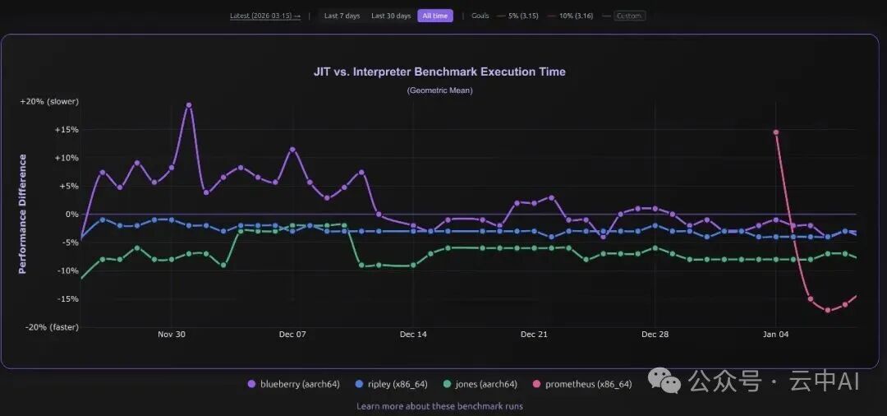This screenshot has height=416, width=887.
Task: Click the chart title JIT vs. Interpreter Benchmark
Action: coord(439,72)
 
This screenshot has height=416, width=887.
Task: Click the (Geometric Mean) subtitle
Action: coord(439,90)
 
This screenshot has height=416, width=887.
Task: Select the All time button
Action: coord(434,16)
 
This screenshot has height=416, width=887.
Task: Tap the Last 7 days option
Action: coord(341,16)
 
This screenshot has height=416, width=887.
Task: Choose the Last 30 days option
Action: coord(391,16)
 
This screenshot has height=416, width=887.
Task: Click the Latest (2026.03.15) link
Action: coord(264,16)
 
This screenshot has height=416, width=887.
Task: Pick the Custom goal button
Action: coord(629,16)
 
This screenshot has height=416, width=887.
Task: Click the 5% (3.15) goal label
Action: coord(522,16)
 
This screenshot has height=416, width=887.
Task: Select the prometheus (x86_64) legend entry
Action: coord(588,384)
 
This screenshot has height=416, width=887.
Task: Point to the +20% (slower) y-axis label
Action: coord(49,101)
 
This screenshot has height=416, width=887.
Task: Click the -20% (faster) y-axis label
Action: coord(49,326)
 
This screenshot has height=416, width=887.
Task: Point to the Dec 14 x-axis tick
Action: coord(413,335)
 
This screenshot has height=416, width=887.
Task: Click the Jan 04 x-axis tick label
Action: coord(776,335)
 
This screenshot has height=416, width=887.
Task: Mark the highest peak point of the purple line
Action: coord(189,105)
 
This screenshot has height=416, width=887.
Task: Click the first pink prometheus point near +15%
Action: coord(775,132)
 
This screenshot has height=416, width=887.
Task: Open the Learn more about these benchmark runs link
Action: coord(439,406)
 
